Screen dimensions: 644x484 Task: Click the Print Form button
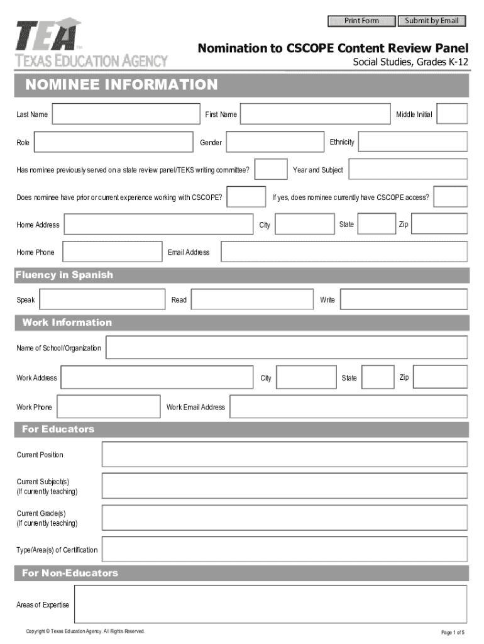point(361,21)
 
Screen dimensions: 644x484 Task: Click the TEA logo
point(92,43)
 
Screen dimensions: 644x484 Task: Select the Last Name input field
point(126,114)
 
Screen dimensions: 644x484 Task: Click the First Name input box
point(316,114)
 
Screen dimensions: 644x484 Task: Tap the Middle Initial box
point(452,114)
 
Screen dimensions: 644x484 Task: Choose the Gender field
point(274,142)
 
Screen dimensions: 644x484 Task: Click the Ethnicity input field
point(413,142)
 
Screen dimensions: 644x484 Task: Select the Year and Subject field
point(408,170)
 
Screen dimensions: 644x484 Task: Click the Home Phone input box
point(113,252)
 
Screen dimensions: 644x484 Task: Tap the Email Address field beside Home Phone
point(344,252)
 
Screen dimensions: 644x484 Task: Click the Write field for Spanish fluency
point(404,299)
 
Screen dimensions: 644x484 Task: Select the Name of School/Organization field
point(287,347)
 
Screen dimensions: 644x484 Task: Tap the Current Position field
point(284,455)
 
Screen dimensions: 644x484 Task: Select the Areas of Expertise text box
point(270,604)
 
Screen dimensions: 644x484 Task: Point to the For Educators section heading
point(58,429)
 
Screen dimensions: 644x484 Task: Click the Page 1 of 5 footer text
point(453,632)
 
